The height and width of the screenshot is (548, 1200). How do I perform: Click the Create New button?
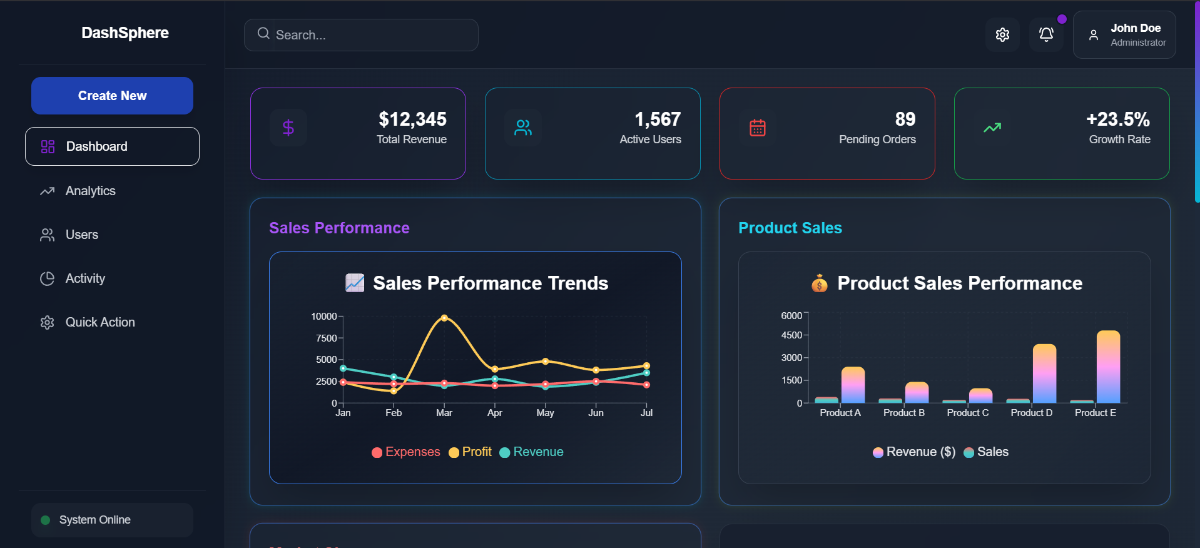(x=112, y=96)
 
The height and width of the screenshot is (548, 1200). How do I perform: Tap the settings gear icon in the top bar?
(x=1002, y=35)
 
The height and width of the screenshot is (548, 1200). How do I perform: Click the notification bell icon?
(x=1046, y=35)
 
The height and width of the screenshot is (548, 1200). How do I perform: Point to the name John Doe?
(x=1136, y=28)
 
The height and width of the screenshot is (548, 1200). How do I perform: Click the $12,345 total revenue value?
(x=412, y=119)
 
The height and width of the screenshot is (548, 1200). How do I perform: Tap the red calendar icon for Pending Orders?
(x=758, y=128)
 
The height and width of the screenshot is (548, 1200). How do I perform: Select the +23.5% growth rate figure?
(x=1118, y=119)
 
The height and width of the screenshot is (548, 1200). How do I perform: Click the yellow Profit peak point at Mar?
(x=444, y=318)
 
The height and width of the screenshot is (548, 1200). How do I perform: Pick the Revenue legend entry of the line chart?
(x=532, y=452)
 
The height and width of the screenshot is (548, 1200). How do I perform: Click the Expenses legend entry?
(x=406, y=452)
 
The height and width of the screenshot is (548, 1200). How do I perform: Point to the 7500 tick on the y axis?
(x=327, y=338)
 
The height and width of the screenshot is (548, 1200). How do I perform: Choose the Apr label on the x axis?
(x=495, y=413)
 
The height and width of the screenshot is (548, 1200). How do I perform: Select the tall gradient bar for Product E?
(x=1108, y=367)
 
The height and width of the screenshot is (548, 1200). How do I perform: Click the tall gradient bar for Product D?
(x=1044, y=373)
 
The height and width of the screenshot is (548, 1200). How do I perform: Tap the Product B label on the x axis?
(x=904, y=413)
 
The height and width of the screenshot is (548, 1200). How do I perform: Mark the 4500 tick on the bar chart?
(x=791, y=335)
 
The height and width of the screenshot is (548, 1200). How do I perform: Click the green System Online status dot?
(x=45, y=520)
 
